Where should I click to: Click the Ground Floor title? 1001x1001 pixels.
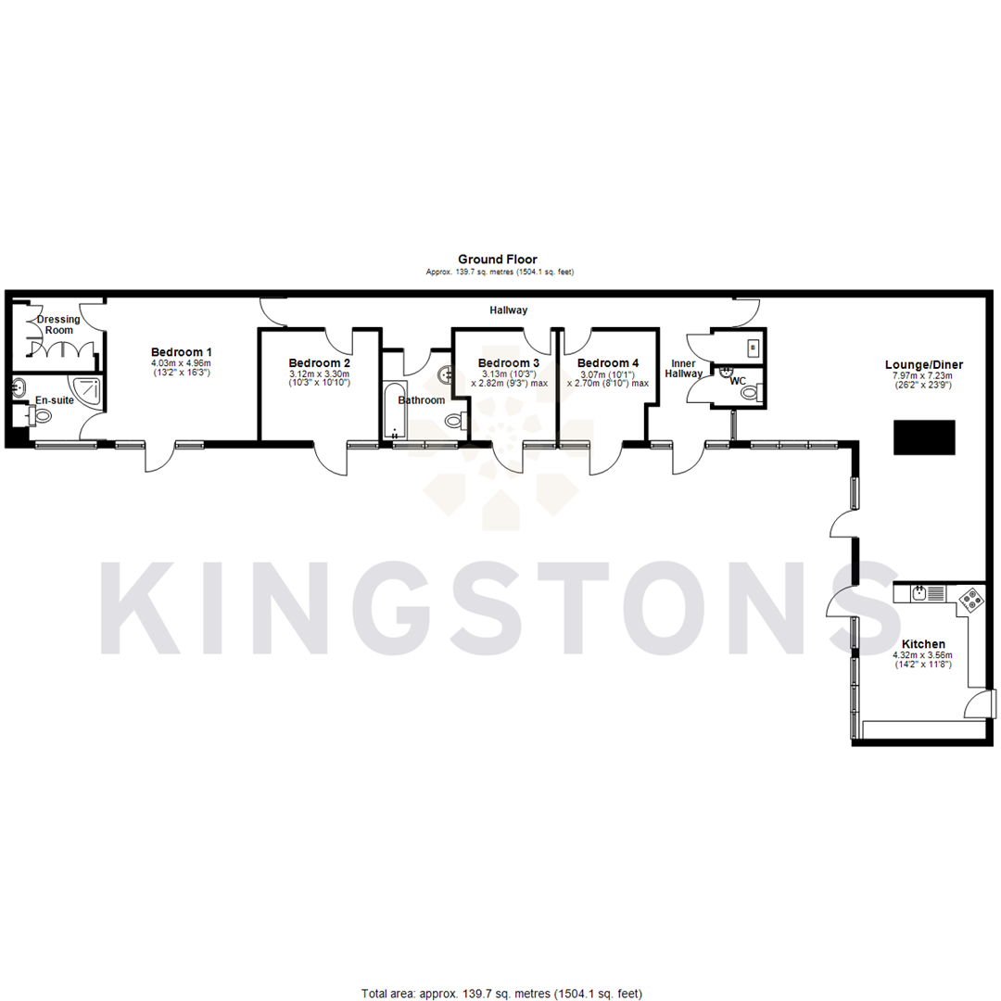[x=498, y=260]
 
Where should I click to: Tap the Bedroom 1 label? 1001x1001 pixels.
[x=182, y=352]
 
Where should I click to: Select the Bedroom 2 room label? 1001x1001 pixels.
[x=319, y=362]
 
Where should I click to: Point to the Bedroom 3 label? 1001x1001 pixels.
[x=509, y=362]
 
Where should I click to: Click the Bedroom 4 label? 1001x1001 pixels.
[x=607, y=362]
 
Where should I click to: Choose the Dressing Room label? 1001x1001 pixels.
[x=58, y=325]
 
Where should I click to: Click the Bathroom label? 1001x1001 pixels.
[x=421, y=400]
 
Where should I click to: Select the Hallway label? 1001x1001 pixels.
[x=508, y=310]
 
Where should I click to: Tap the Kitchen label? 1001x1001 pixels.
[x=923, y=644]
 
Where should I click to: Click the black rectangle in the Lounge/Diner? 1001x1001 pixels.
[x=924, y=437]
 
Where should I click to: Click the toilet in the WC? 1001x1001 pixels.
[x=749, y=393]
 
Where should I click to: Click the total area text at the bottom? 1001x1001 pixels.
[x=500, y=994]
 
